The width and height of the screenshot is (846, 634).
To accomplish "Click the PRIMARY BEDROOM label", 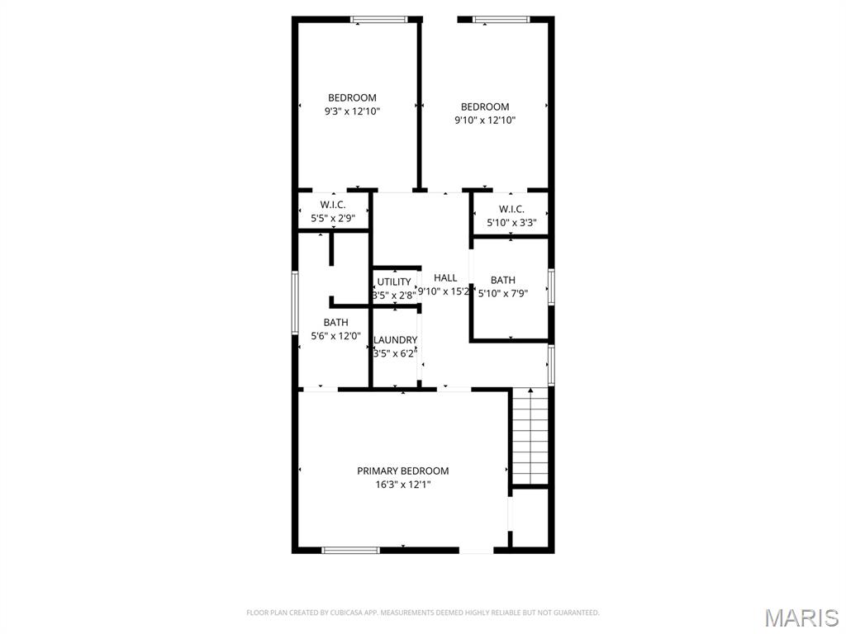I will [402, 471].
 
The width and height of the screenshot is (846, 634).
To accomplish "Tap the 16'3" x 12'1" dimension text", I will [402, 485].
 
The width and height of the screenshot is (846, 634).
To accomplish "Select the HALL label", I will [445, 278].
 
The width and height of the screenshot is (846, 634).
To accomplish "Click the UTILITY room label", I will [394, 282].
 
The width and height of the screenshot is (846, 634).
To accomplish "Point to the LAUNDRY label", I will [395, 340].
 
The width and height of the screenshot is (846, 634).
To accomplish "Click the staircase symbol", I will [529, 436].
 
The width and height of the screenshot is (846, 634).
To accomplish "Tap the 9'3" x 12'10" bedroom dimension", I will [352, 111].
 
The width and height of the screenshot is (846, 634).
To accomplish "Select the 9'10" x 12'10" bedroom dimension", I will [485, 120].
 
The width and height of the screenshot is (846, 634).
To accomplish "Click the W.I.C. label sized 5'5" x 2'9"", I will [333, 205].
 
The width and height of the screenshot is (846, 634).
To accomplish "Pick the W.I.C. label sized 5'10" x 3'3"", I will [511, 209].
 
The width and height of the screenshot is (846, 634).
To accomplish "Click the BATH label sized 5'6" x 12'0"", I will [335, 322].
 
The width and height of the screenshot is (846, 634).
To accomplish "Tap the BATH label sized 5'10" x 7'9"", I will [502, 280].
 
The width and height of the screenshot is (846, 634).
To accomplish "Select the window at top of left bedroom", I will [379, 19].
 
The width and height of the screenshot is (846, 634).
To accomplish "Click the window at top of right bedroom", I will [501, 19].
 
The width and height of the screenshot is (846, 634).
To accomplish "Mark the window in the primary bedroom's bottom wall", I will [350, 550].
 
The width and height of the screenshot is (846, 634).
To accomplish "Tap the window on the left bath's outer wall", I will [294, 303].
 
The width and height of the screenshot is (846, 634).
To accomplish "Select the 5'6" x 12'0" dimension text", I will [335, 335].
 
